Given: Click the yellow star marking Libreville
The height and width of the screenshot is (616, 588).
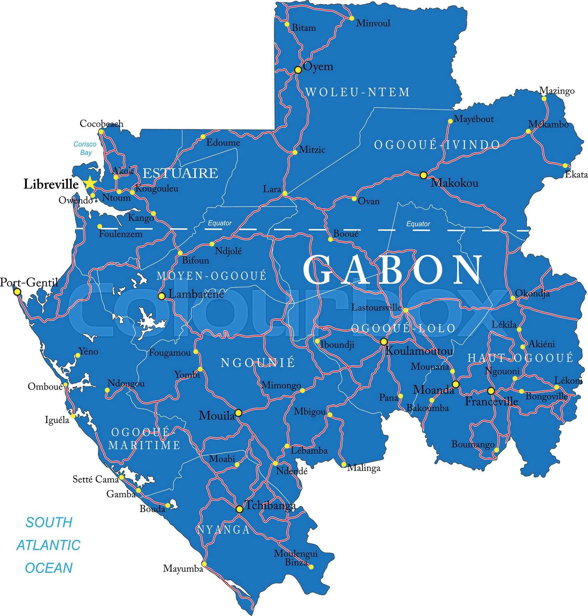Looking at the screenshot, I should [90, 183].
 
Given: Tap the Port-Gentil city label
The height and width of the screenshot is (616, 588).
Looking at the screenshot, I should [29, 283].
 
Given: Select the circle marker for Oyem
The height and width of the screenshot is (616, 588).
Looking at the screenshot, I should [297, 70].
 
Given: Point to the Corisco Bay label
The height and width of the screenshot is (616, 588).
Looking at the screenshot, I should [85, 148].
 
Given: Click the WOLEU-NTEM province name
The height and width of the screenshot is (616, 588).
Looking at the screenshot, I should [357, 92].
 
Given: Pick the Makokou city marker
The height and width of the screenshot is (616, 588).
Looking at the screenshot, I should [423, 175].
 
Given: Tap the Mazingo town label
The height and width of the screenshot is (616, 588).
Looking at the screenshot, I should [556, 91].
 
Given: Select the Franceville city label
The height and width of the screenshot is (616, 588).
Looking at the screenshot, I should [491, 402].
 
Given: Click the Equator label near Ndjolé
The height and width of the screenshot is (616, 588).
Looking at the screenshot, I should [220, 223].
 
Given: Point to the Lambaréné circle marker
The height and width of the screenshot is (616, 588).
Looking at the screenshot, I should [162, 296].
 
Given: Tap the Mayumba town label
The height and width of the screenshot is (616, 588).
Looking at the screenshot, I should [183, 568].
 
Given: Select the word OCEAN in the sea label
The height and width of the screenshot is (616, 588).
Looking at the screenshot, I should [49, 568].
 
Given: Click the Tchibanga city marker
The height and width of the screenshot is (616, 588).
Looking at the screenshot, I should [239, 509].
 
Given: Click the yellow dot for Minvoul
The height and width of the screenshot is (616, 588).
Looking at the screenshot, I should [351, 18].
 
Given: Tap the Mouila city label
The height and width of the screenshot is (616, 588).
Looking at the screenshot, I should [216, 415].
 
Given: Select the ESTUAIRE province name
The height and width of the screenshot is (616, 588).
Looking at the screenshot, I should [180, 173].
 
